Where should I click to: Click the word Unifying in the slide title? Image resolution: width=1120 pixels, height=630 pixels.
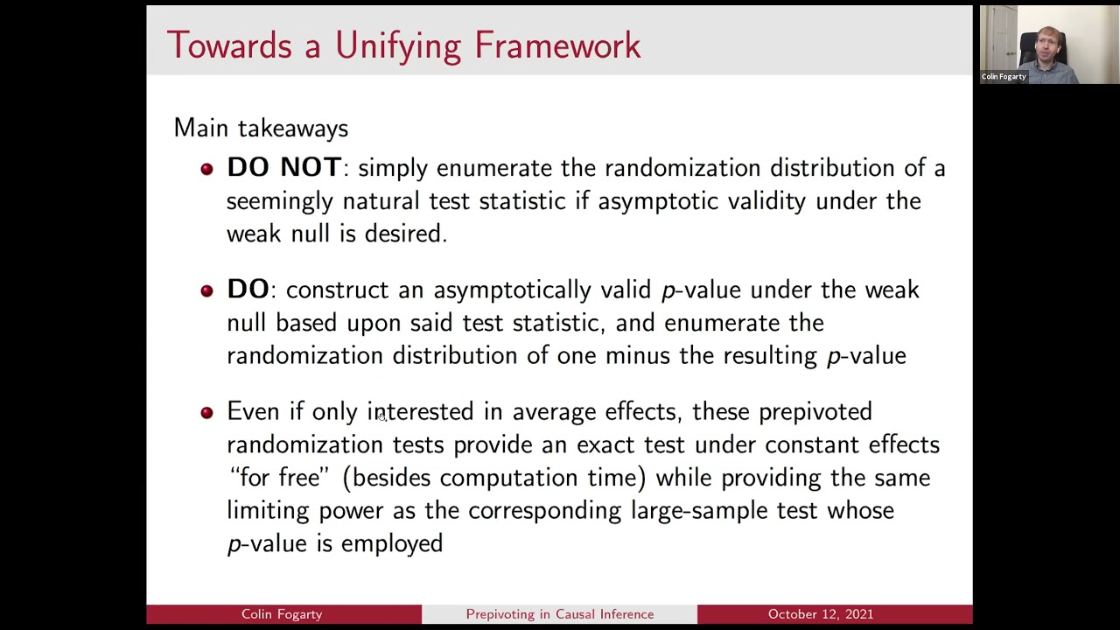coord(397,45)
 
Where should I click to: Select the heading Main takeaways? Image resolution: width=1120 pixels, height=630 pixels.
coord(261,128)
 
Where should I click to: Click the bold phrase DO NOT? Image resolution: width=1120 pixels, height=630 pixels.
coord(283,167)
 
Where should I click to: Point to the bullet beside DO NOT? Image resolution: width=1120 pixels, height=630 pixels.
coord(206,169)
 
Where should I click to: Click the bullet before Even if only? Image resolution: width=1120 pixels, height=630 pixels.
coord(206,412)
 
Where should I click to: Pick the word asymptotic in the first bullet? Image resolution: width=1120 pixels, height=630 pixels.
coord(654,201)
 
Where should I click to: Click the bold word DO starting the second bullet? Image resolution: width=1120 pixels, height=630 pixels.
coord(248,290)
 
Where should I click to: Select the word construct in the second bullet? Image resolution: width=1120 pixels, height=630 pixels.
coord(338,290)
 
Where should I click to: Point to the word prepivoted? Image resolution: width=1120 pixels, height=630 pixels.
coord(815,411)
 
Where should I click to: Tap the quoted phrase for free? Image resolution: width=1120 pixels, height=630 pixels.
coord(279,478)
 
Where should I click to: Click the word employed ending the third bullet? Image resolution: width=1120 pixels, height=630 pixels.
coord(391,543)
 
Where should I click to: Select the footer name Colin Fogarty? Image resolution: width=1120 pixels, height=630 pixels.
coord(282,614)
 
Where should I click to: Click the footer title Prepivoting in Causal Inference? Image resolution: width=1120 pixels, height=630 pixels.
coord(559,614)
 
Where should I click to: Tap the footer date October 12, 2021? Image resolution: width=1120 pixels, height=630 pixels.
coord(820,614)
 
